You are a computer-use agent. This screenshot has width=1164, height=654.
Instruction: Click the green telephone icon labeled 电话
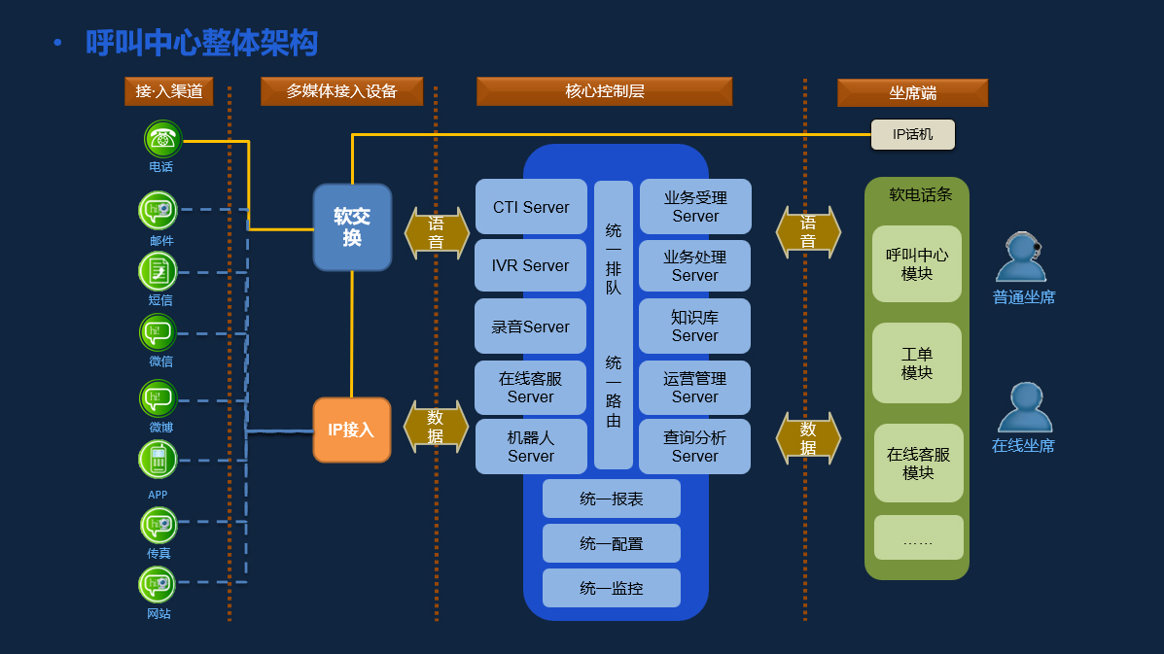(x=162, y=139)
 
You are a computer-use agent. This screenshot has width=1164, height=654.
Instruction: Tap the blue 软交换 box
(x=352, y=227)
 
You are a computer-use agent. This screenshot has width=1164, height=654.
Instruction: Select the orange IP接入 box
(x=351, y=430)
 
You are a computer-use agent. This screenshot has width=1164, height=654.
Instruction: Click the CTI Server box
(x=531, y=207)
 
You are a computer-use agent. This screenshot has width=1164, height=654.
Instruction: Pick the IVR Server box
(x=531, y=265)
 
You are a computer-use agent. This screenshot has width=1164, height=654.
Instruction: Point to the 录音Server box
(x=531, y=327)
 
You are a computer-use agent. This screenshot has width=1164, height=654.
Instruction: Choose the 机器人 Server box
(x=531, y=446)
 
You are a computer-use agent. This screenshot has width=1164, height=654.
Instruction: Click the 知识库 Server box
(x=694, y=327)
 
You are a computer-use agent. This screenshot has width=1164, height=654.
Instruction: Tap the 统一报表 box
(x=611, y=499)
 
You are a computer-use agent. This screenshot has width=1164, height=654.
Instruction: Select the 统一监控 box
(x=611, y=588)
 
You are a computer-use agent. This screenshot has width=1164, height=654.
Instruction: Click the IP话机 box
(x=912, y=134)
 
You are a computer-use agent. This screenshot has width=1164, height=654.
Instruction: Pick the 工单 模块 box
(x=916, y=363)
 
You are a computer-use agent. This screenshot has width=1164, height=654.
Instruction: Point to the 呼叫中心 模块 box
(x=916, y=264)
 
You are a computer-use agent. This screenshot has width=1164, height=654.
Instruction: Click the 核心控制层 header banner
(x=604, y=91)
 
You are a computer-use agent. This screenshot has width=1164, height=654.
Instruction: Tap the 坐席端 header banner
(x=912, y=93)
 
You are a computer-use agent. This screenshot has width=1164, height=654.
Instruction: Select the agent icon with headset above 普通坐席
(x=1020, y=257)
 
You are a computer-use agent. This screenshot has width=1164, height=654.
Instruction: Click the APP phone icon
(x=158, y=460)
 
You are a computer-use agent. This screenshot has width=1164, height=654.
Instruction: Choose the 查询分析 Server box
(x=694, y=446)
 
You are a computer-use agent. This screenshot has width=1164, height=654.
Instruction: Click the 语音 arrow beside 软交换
(x=437, y=233)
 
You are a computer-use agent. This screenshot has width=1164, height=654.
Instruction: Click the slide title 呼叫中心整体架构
(x=201, y=43)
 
